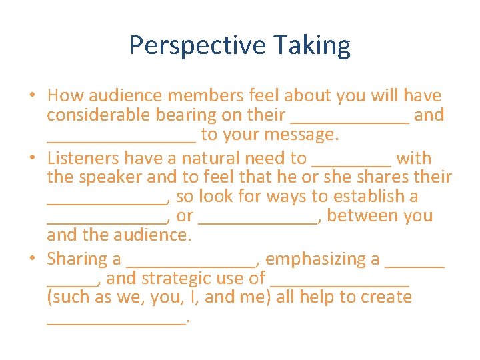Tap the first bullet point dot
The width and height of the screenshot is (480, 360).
pos(32,96)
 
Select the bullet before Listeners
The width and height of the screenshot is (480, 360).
pos(32,159)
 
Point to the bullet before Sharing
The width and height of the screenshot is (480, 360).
pos(32,259)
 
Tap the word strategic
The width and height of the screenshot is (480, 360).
pos(167,278)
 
